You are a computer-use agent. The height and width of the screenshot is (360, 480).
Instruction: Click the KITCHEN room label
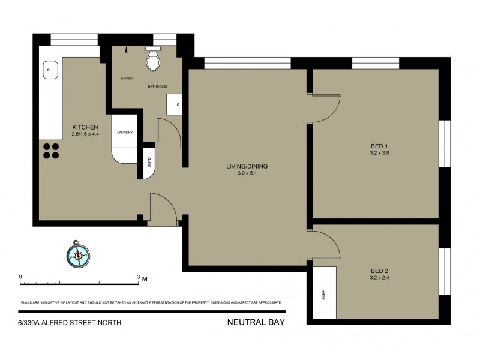pos(85,127)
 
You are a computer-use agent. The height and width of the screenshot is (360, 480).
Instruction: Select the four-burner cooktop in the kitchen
pos(51,150)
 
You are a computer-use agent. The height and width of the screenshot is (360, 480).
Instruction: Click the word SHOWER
pos(126,79)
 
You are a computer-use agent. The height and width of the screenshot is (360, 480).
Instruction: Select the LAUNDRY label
pos(124,133)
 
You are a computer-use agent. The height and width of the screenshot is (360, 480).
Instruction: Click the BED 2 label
pos(379,271)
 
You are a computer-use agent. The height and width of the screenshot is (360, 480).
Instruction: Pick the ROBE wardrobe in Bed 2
pos(324,292)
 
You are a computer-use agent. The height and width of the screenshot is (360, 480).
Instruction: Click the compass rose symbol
pos(77,254)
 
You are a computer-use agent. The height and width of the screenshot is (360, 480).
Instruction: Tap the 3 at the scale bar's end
pos(138,277)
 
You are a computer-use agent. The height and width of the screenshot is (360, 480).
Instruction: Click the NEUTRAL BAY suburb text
pos(256,322)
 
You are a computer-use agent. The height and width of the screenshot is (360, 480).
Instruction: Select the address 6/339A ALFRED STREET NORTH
pos(70,322)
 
